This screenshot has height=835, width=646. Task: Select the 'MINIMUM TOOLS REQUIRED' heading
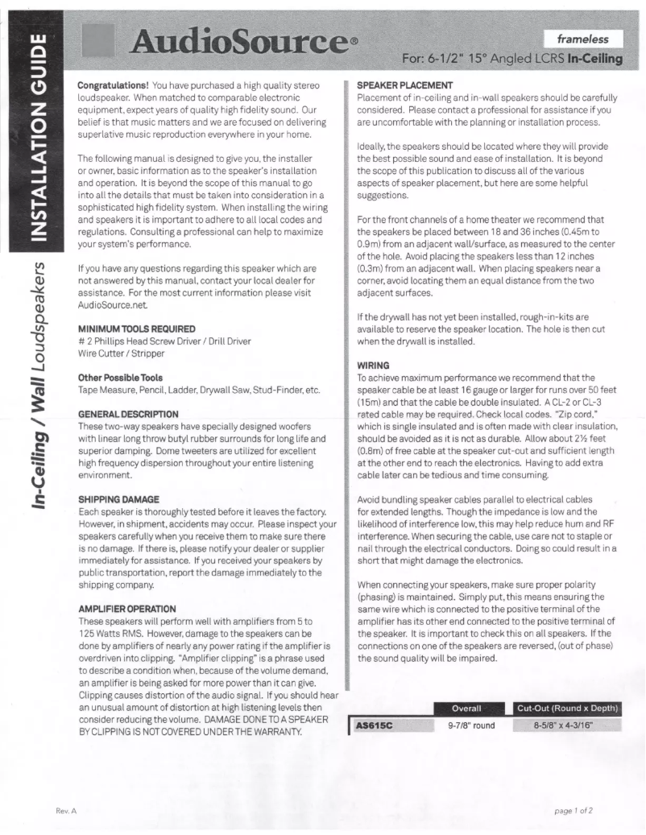[136, 329]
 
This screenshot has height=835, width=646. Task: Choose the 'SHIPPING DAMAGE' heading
[118, 499]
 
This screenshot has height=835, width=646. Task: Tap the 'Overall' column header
[466, 709]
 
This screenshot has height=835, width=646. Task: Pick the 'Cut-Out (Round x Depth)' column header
[567, 709]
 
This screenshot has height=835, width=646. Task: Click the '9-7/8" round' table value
[471, 725]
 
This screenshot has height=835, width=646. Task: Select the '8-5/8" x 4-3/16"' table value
[566, 725]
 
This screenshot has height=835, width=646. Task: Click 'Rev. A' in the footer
[66, 810]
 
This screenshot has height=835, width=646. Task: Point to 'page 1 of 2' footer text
[574, 810]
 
